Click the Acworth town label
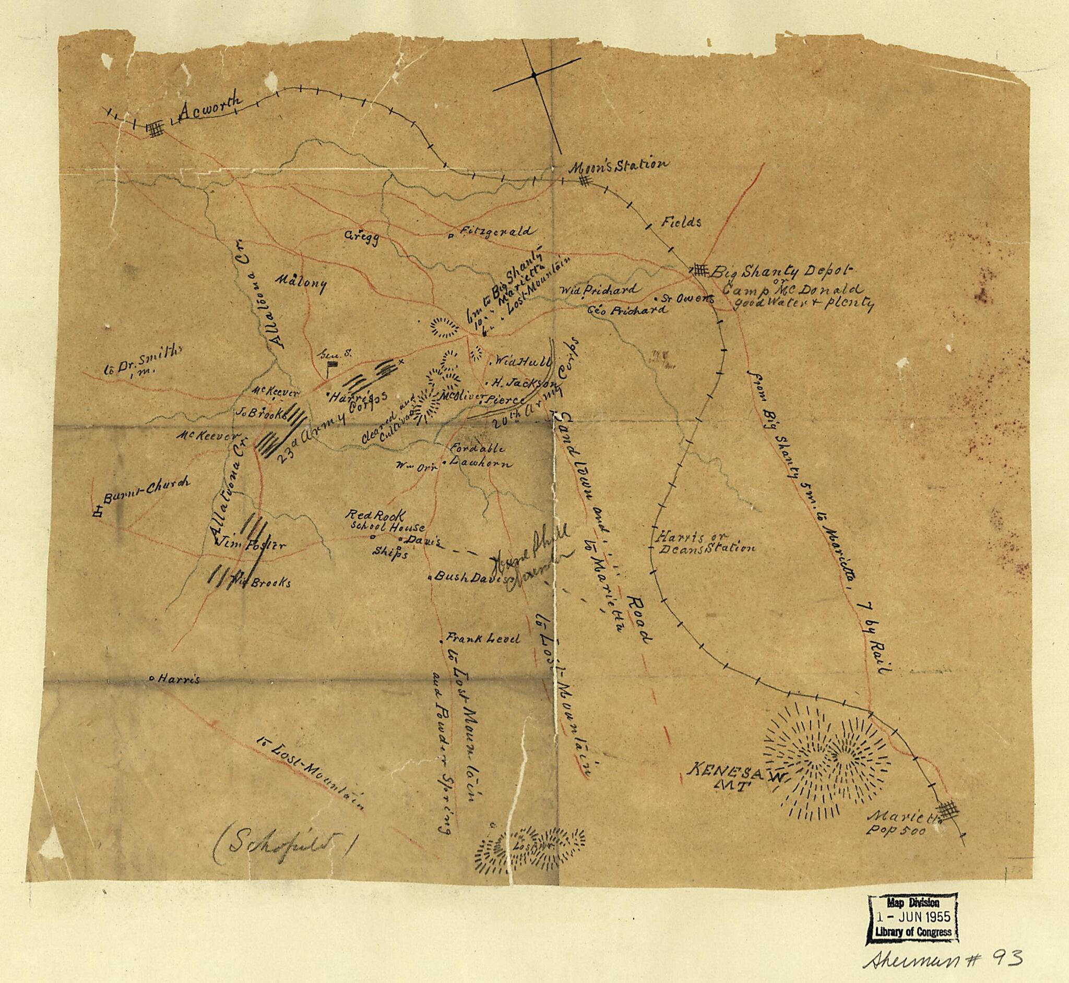click(x=210, y=107)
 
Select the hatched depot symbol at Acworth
click(x=156, y=130)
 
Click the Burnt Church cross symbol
click(x=98, y=512)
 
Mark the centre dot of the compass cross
click(x=533, y=76)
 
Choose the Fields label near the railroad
click(x=681, y=222)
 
